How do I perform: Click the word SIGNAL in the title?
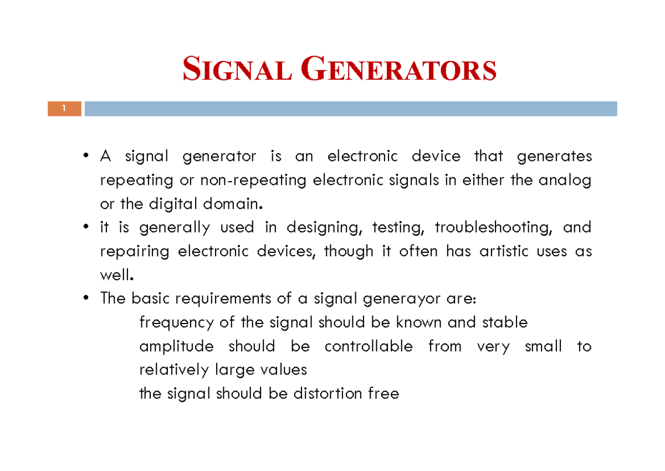tap(237, 71)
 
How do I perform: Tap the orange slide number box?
tap(64, 109)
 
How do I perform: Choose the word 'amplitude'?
tap(176, 347)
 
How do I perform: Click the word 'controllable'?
tap(369, 347)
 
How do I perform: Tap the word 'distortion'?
tap(328, 394)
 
